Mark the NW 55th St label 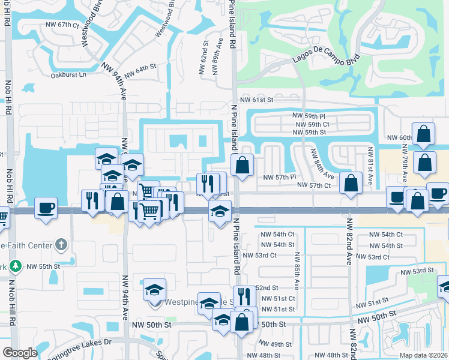44,265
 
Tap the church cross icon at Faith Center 59,244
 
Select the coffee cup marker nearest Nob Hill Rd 46,208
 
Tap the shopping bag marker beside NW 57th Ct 351,182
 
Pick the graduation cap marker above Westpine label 154,289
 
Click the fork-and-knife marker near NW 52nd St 244,296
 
